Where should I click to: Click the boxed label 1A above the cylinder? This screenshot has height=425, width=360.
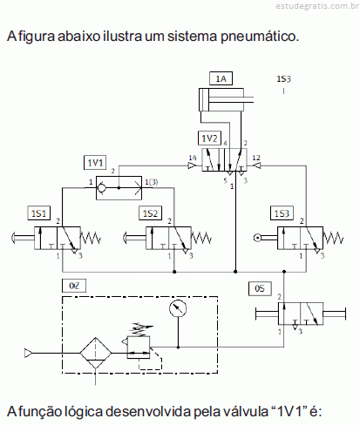tap(221, 78)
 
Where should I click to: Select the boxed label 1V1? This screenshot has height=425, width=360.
tap(95, 163)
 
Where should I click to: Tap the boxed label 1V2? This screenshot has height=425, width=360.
tap(209, 138)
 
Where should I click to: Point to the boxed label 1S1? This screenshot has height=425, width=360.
tap(38, 213)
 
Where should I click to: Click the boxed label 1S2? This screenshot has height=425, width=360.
tap(150, 213)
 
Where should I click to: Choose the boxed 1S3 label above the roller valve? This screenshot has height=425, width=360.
tap(282, 213)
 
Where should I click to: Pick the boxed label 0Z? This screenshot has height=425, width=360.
tap(74, 286)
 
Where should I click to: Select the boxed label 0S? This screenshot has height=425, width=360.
tap(260, 288)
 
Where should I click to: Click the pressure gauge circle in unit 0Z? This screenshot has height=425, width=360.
tap(178, 308)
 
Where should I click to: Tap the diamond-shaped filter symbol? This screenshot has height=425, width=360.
tap(96, 353)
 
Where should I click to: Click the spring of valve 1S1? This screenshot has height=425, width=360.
tap(91, 238)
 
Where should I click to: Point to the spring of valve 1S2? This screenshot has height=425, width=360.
tap(201, 238)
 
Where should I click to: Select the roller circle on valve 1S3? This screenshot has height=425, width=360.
tap(257, 238)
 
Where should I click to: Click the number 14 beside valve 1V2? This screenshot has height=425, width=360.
tap(193, 158)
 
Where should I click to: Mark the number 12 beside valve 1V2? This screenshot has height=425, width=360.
tap(256, 158)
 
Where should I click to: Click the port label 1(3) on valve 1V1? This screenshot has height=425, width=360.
tap(152, 182)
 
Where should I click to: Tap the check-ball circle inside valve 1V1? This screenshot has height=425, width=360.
tap(102, 188)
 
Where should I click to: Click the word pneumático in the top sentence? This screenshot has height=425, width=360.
tap(260, 37)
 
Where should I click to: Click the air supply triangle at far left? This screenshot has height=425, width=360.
tap(28, 353)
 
